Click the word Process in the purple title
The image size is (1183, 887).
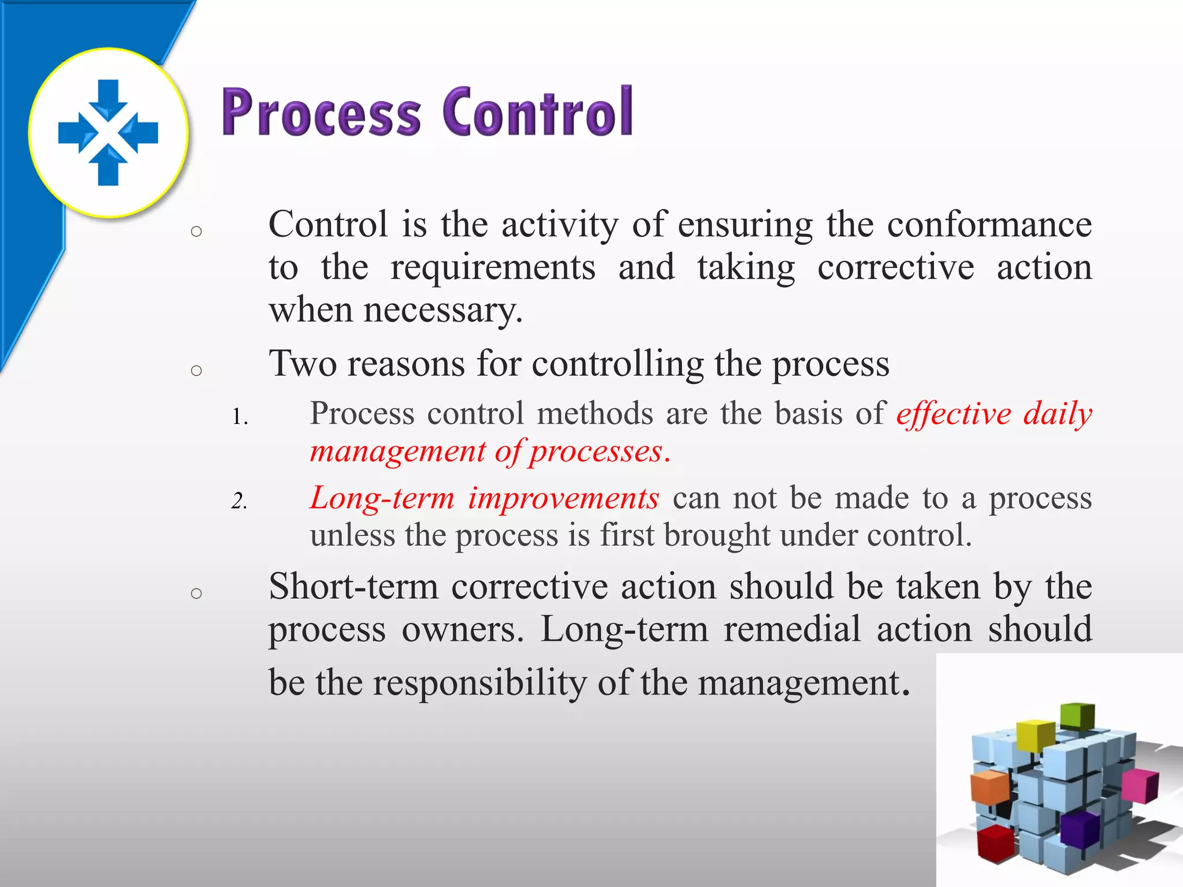(321, 113)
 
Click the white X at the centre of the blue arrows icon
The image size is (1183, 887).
(108, 132)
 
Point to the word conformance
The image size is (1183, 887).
(989, 225)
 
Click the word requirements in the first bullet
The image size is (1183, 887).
(493, 267)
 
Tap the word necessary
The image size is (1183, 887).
(442, 311)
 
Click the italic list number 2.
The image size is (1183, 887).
(239, 501)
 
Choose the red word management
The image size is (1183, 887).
(398, 452)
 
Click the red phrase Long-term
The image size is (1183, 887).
(382, 498)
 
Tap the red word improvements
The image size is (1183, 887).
(563, 498)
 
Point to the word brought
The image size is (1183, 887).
(716, 535)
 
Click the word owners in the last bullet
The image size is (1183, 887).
(463, 630)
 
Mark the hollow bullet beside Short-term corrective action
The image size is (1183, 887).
(196, 593)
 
